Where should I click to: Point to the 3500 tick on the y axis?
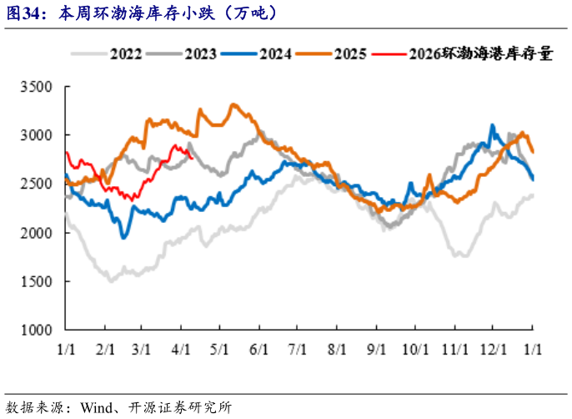click(x=35, y=86)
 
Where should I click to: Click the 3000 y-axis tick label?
click(x=35, y=134)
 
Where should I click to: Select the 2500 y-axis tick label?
click(x=35, y=184)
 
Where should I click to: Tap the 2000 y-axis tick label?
click(x=35, y=232)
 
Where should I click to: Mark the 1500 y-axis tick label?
click(x=35, y=281)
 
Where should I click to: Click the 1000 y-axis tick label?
click(x=35, y=330)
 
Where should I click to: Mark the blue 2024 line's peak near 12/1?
click(x=492, y=125)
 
